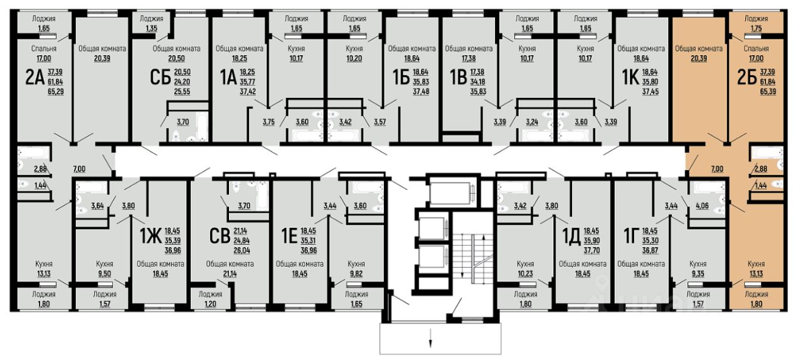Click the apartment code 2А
[x=35, y=77]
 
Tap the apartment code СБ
[x=160, y=77]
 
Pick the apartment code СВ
[x=220, y=236]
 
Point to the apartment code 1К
[x=630, y=77]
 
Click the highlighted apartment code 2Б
[x=747, y=77]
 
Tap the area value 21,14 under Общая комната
[x=230, y=274]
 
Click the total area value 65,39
[x=768, y=92]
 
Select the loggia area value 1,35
[x=151, y=28]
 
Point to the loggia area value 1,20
[x=210, y=304]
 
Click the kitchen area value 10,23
[x=525, y=274]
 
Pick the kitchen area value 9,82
[x=356, y=274]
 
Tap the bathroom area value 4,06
[x=702, y=206]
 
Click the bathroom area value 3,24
[x=532, y=122]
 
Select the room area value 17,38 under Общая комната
[x=469, y=58]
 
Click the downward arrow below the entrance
[x=430, y=337]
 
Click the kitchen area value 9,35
[x=698, y=274]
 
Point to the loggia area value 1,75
[x=756, y=28]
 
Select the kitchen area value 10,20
[x=354, y=58]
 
